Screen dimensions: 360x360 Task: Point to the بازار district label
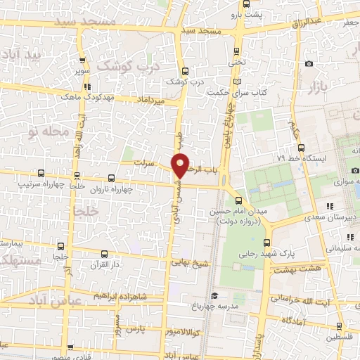point(318,87)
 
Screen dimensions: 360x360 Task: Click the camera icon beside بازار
point(309,64)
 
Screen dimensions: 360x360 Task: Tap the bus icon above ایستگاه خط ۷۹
point(301,148)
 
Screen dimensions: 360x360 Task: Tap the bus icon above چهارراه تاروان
point(110,176)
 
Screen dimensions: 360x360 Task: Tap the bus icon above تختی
point(236,51)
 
